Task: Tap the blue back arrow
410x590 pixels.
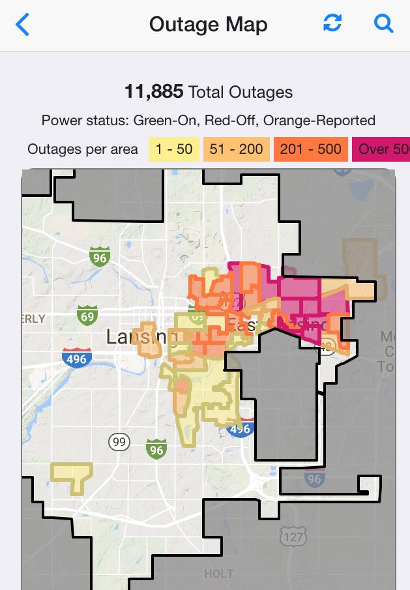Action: (23, 25)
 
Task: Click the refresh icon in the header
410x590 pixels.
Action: (332, 24)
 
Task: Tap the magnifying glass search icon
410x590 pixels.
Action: (383, 24)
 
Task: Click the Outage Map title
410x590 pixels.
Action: (208, 25)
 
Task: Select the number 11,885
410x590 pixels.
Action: (154, 92)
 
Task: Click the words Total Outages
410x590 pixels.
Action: (241, 93)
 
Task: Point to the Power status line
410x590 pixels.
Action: (208, 121)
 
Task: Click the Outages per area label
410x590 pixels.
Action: (83, 149)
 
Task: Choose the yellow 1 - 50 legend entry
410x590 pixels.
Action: (174, 149)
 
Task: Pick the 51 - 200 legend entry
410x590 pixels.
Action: (236, 149)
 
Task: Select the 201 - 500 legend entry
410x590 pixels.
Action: (312, 149)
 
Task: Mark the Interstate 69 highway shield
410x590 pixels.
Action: (87, 316)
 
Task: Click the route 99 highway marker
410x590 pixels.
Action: (118, 442)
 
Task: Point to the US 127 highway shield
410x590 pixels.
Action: (291, 536)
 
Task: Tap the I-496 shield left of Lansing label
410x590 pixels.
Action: (76, 358)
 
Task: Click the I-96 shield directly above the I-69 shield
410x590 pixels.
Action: (98, 256)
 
